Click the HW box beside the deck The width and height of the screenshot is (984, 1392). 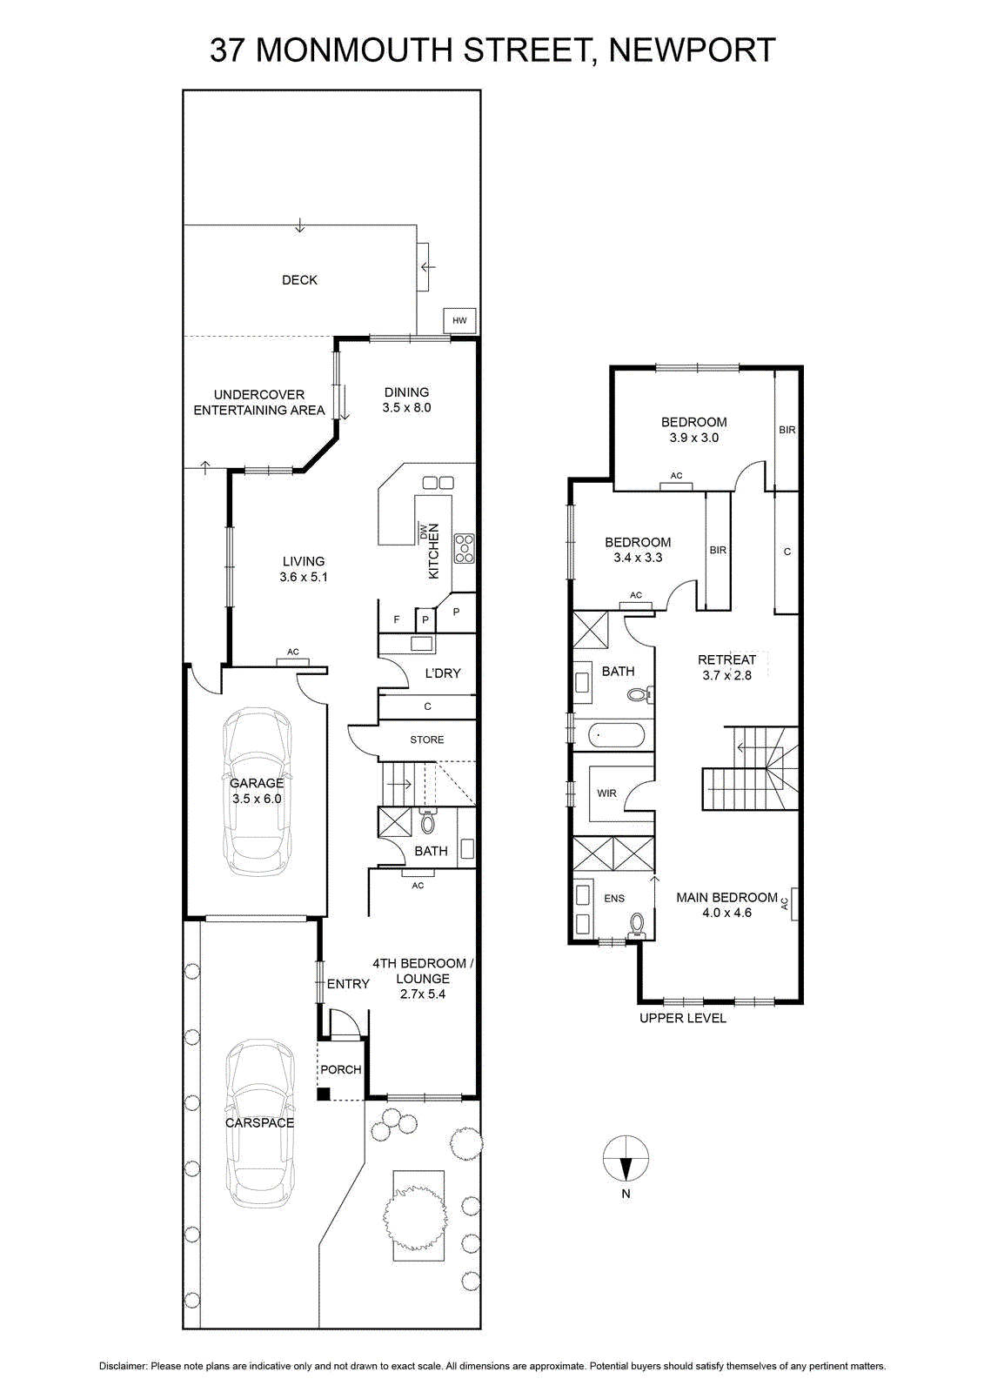click(459, 321)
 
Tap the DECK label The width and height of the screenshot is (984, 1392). click(299, 280)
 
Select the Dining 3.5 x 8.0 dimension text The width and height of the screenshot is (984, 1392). click(406, 408)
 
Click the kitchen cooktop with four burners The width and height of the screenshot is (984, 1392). click(465, 549)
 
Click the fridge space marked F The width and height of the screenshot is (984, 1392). click(397, 619)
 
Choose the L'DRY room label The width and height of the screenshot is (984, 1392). click(443, 673)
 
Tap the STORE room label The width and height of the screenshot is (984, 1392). click(427, 739)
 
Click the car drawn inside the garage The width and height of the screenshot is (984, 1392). click(257, 792)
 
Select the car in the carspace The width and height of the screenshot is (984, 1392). click(259, 1122)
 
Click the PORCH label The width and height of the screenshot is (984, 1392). click(341, 1069)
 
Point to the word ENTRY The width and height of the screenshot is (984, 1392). click(348, 984)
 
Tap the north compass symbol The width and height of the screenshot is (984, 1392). click(626, 1158)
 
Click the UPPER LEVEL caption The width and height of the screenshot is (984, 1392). click(682, 1018)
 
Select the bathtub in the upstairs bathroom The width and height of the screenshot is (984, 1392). click(618, 736)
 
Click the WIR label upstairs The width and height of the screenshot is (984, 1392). click(606, 793)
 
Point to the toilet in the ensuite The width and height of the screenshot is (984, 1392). click(637, 926)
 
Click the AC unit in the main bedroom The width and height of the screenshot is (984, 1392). click(793, 903)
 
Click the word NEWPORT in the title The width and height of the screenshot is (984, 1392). click(692, 50)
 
